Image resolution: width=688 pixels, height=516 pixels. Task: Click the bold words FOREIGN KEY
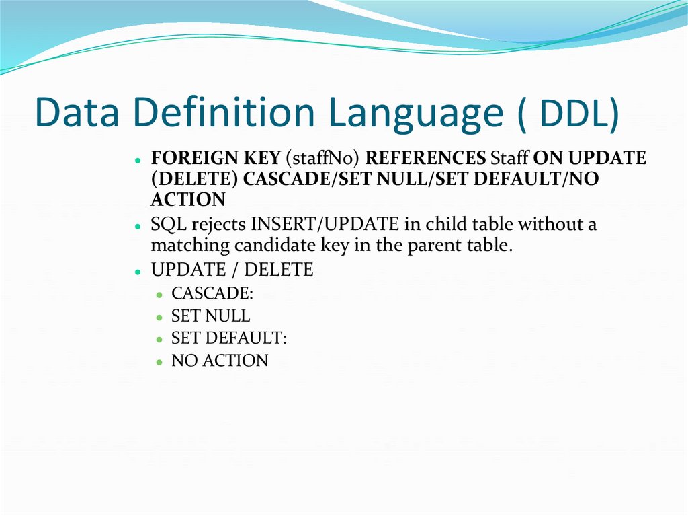215,159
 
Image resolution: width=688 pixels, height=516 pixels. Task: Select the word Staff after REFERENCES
510,159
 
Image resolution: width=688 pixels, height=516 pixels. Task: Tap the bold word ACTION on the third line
188,200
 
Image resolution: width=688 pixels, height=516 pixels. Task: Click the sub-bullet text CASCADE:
212,294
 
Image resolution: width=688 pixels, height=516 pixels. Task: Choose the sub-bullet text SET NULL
210,316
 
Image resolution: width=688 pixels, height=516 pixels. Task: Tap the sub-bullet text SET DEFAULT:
229,338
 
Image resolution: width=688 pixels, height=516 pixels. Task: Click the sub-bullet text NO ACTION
220,361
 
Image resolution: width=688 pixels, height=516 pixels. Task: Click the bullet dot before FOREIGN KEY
137,161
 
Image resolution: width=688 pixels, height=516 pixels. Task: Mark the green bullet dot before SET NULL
159,318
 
